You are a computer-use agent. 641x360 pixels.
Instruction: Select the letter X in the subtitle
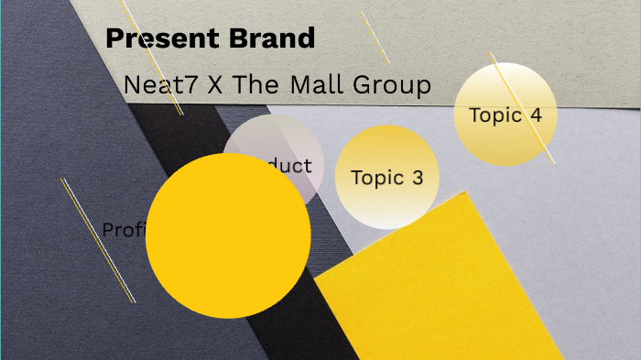point(214,86)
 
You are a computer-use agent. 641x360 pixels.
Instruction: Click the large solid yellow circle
point(228,236)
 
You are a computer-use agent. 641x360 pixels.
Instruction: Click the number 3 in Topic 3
point(418,178)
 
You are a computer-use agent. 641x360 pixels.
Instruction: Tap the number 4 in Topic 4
point(536,115)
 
